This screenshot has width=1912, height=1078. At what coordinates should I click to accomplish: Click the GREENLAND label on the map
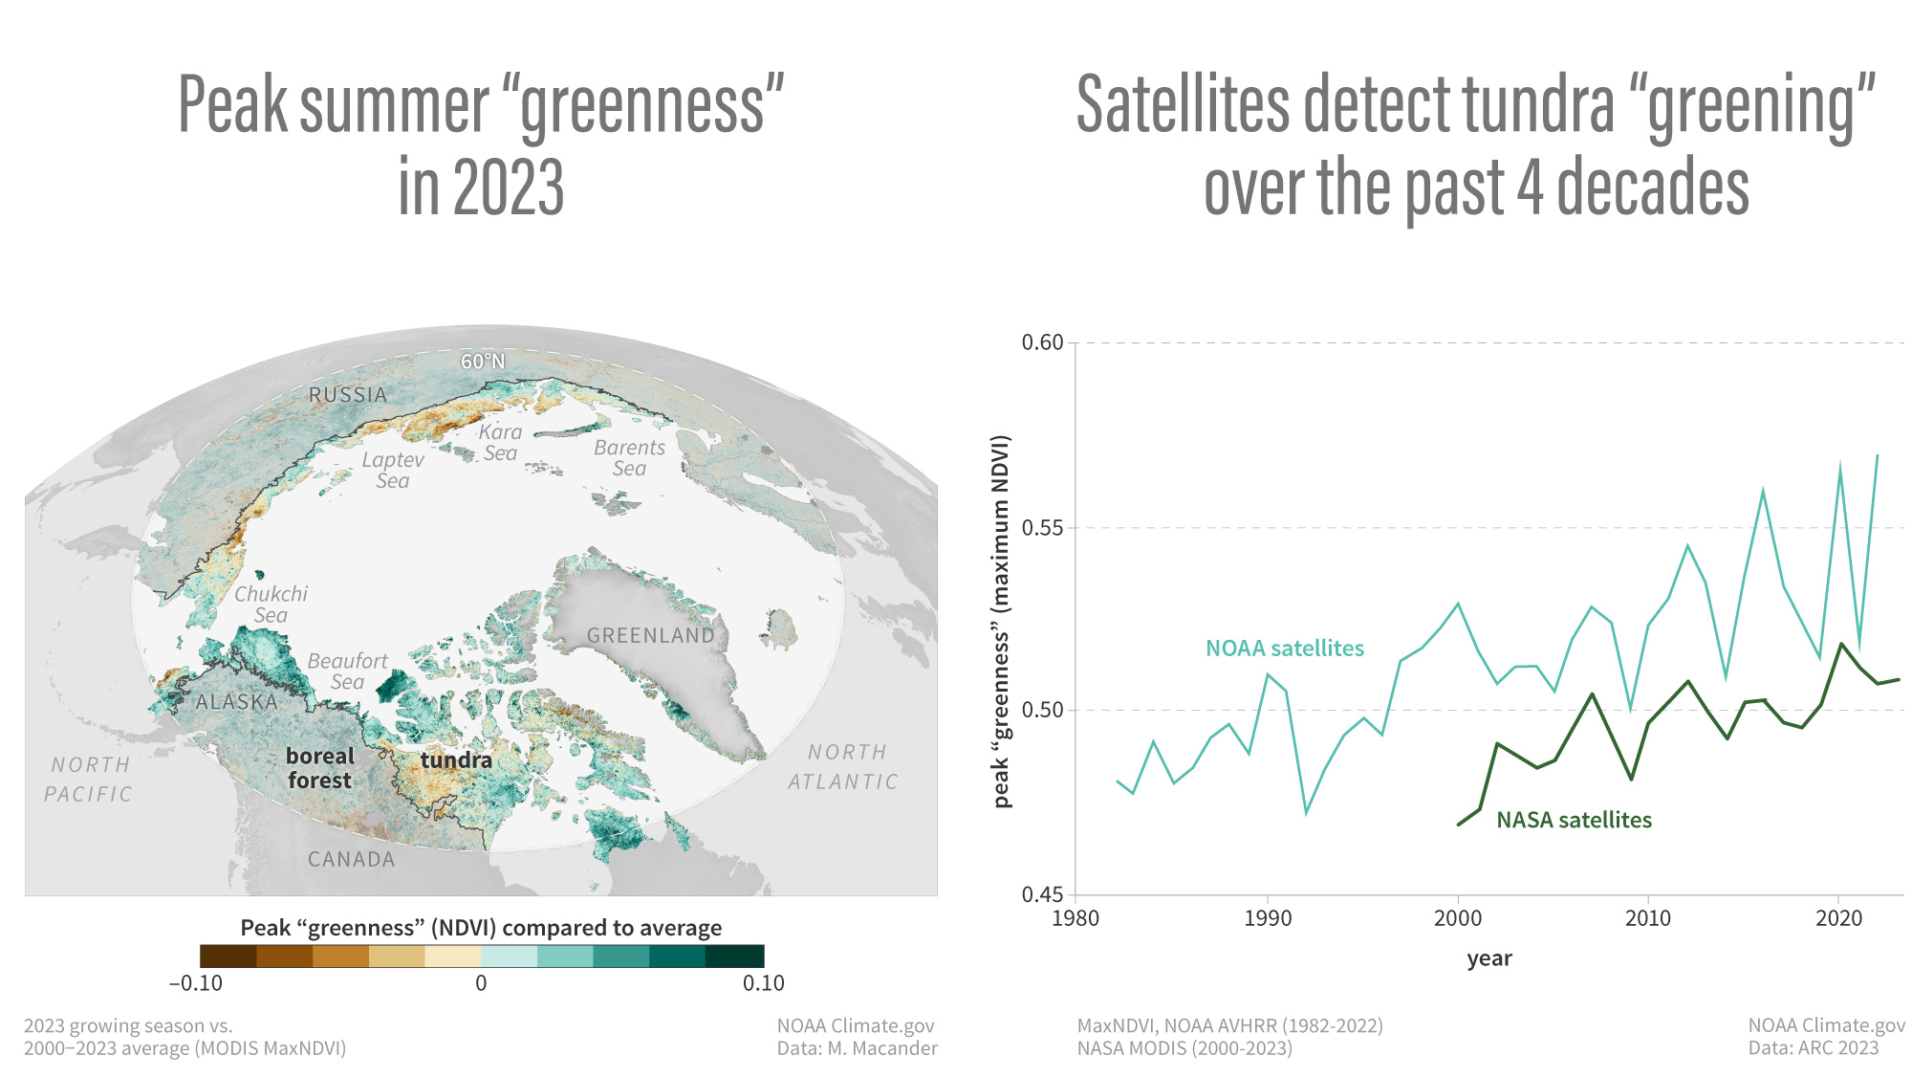click(650, 635)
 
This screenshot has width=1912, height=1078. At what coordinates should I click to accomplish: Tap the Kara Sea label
click(500, 442)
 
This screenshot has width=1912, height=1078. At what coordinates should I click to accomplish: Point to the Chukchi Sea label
click(271, 605)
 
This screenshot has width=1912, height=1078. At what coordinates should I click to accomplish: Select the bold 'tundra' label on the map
click(456, 760)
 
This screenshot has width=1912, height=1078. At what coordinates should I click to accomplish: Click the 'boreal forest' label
click(319, 768)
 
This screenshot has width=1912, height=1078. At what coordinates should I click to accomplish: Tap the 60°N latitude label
click(482, 362)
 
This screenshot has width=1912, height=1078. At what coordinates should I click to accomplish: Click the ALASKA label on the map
click(236, 702)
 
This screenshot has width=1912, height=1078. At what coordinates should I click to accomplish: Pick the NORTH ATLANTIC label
click(844, 767)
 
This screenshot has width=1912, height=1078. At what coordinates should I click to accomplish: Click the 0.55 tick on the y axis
click(1042, 528)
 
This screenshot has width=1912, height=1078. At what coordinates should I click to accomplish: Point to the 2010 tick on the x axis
click(1648, 918)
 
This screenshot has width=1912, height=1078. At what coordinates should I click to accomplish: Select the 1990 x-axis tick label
click(1267, 918)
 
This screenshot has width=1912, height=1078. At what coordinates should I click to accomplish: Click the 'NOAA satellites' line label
click(1284, 649)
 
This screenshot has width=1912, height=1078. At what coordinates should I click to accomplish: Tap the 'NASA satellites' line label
click(1574, 820)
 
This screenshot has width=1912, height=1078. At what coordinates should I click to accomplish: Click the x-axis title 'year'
click(1488, 958)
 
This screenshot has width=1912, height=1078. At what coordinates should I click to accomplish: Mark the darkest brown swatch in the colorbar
click(228, 956)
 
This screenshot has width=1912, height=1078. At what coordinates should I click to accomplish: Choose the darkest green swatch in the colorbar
click(735, 956)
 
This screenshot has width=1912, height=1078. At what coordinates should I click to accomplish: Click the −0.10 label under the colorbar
click(196, 983)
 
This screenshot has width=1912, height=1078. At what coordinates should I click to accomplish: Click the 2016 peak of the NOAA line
click(1763, 491)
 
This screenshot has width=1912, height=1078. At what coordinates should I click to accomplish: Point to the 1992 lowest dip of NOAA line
click(1306, 813)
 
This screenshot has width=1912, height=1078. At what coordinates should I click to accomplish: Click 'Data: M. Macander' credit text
click(857, 1048)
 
